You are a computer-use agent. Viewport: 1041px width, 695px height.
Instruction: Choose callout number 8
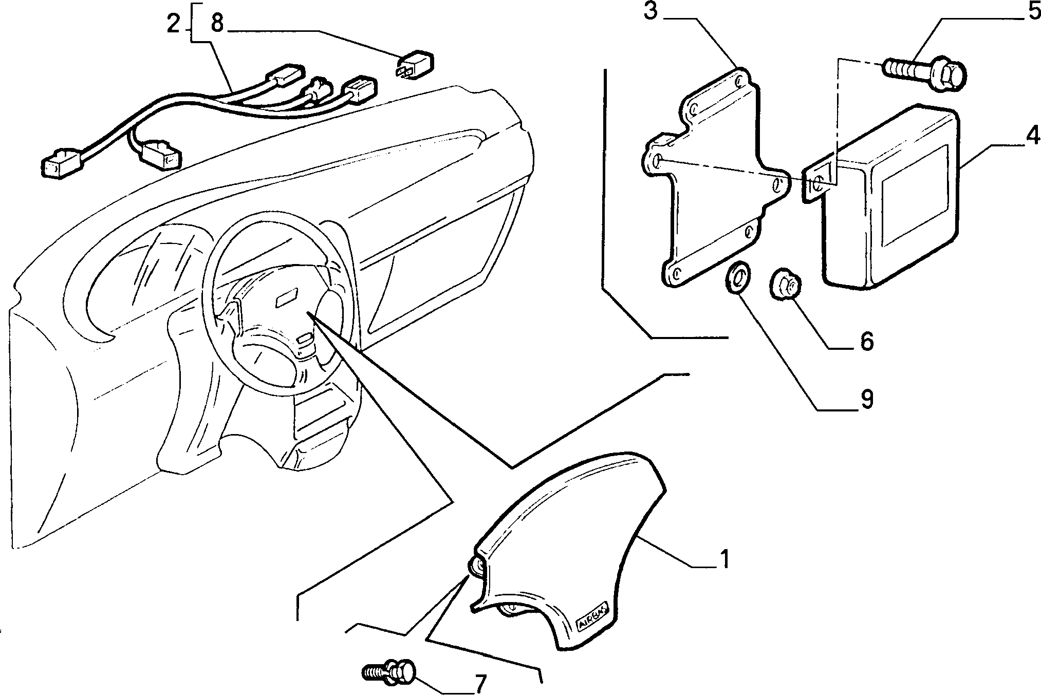(x=217, y=24)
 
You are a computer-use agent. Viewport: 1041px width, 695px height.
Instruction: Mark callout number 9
(x=867, y=399)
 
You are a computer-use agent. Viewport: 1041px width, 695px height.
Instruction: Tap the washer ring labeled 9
(x=737, y=278)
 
